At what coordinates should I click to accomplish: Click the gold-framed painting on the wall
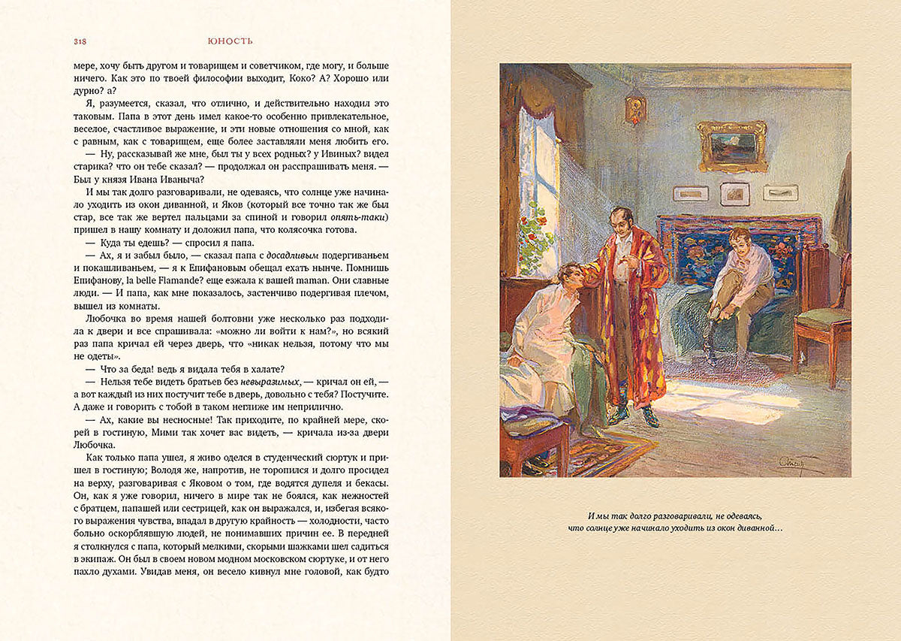pos(731,146)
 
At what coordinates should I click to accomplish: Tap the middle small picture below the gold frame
pos(734,194)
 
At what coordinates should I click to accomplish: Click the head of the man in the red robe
pos(620,221)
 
